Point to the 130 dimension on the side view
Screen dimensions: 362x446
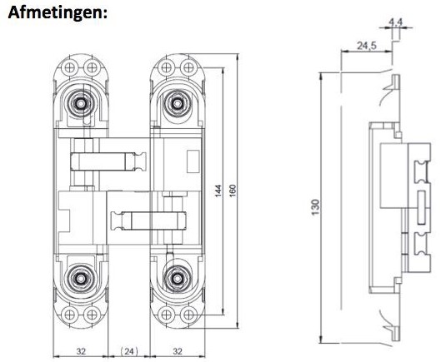[316, 205]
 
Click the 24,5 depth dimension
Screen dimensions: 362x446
[364, 43]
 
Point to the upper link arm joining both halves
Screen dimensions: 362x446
[108, 157]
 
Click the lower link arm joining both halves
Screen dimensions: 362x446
[150, 221]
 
